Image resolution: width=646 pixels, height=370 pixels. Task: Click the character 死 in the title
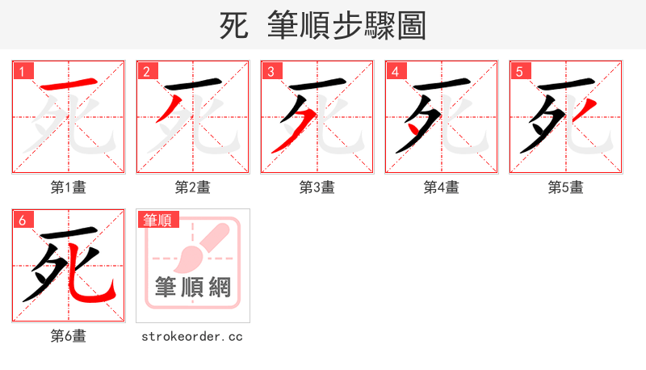[x=234, y=26]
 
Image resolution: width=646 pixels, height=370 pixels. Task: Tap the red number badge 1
[x=22, y=71]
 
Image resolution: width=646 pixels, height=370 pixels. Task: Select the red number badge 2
[x=146, y=71]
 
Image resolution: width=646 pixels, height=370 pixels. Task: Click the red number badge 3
[x=271, y=71]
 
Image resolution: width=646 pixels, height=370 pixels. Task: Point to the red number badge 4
[x=395, y=71]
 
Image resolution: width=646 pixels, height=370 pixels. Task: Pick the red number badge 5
[x=519, y=71]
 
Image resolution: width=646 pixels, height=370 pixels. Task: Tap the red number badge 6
[x=22, y=220]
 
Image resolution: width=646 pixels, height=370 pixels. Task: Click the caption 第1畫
[x=68, y=187]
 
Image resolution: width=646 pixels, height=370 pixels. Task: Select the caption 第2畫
[x=192, y=187]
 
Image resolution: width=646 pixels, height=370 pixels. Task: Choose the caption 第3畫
[x=317, y=187]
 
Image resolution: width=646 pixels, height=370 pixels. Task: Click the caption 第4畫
[x=441, y=187]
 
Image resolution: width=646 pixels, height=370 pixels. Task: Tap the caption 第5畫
[x=565, y=187]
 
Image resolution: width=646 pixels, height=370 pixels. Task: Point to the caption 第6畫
[x=68, y=336]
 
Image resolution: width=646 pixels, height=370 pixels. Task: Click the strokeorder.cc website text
[x=192, y=336]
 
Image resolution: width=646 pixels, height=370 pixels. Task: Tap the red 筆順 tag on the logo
[x=157, y=220]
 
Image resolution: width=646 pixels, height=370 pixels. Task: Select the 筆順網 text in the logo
[x=192, y=287]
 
